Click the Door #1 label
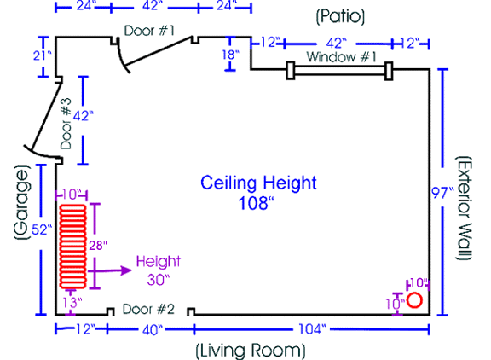(149, 31)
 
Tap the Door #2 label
(148, 309)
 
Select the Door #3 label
(66, 124)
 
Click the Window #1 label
(341, 57)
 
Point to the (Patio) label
(340, 16)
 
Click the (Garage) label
(22, 202)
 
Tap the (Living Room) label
(251, 351)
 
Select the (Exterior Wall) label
(464, 208)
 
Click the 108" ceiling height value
(256, 203)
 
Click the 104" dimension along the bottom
(312, 329)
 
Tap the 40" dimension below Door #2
(153, 330)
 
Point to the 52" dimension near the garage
(42, 229)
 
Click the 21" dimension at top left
(43, 55)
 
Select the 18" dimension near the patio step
(230, 55)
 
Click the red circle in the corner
(414, 300)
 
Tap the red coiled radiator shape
(73, 247)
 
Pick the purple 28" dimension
(98, 246)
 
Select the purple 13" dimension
(72, 303)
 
